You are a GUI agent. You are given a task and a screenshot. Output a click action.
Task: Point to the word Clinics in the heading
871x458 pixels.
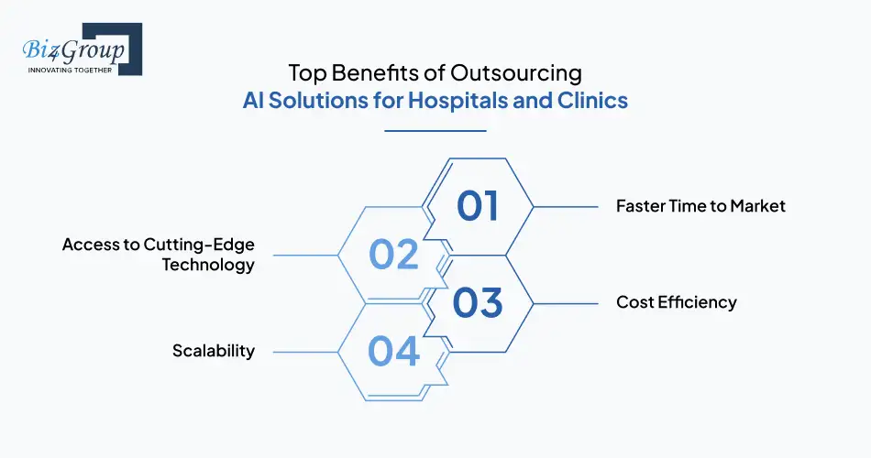[592, 100]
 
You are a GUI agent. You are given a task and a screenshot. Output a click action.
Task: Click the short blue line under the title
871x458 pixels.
[435, 130]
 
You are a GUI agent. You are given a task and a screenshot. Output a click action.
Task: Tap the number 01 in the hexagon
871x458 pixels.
[477, 206]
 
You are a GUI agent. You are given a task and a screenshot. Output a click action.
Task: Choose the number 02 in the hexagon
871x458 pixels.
[393, 255]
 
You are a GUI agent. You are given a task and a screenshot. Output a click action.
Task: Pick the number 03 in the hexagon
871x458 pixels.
[477, 303]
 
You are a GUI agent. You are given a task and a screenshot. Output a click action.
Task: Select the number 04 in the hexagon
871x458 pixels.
[393, 352]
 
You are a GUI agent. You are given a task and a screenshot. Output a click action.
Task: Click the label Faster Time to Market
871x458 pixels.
[700, 206]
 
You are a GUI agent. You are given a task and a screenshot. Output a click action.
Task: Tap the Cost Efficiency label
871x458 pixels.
[676, 302]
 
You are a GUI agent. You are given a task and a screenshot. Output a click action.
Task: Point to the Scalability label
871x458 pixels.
[214, 351]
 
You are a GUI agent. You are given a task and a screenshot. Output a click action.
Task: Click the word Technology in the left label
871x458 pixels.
[208, 266]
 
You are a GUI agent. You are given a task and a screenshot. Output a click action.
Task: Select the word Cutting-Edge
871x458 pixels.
[194, 245]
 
